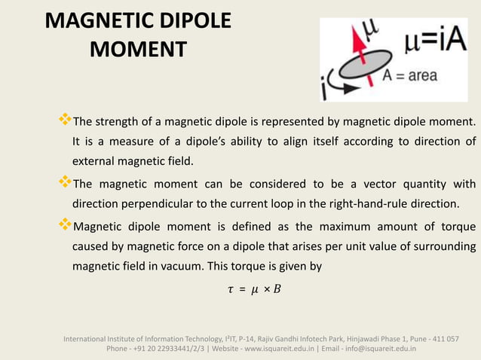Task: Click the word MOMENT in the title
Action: [138, 50]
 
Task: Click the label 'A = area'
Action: [410, 75]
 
